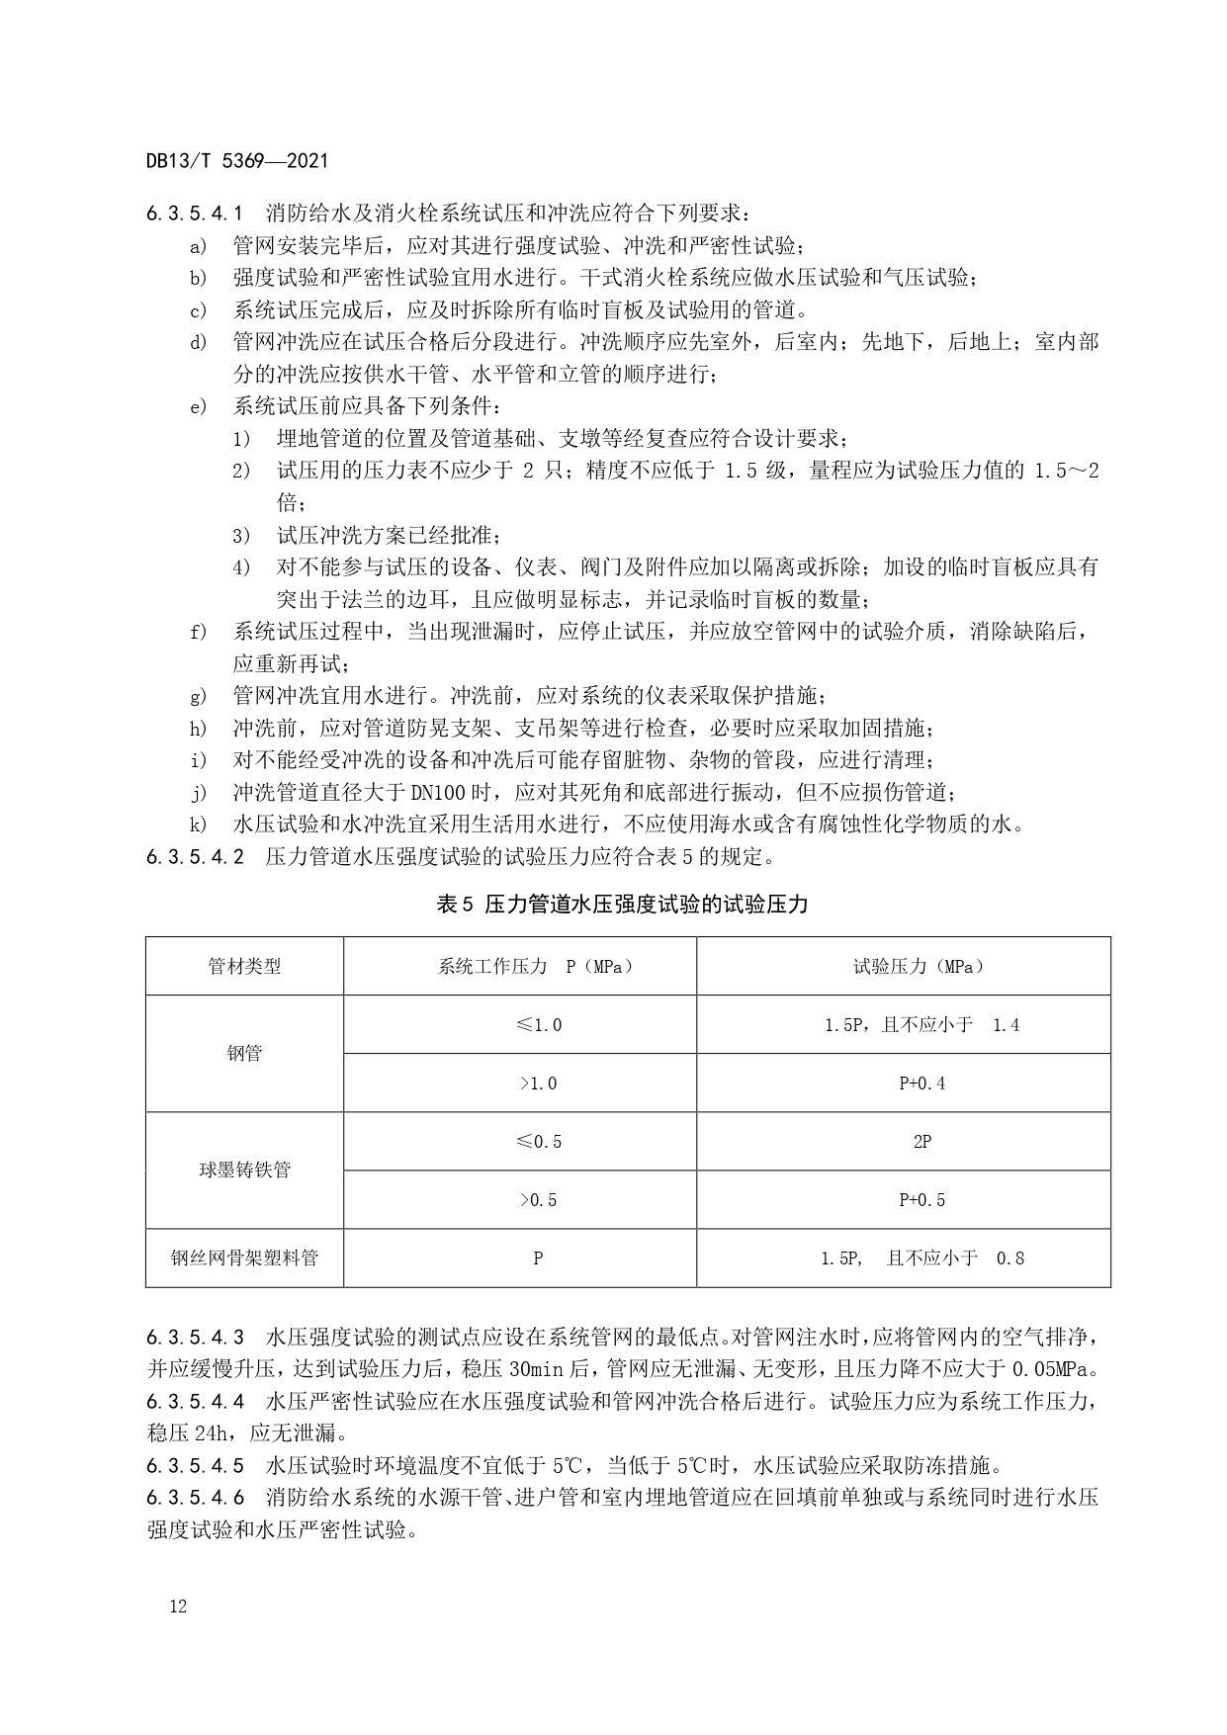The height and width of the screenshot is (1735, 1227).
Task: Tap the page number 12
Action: tap(178, 1606)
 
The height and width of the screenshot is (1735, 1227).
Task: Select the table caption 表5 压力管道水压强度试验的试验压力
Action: tap(622, 904)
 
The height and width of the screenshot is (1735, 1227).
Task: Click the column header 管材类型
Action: tap(244, 966)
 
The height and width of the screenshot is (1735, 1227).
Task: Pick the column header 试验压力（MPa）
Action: tap(919, 966)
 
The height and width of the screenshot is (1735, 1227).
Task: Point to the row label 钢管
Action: tap(244, 1053)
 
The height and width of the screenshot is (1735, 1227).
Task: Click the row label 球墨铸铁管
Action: tap(244, 1171)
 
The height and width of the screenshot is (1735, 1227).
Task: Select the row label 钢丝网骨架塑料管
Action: tap(244, 1258)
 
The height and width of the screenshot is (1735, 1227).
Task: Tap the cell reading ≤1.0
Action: tap(539, 1025)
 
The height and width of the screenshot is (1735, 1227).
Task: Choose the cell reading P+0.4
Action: tap(921, 1084)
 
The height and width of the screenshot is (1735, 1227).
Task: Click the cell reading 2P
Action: tap(921, 1142)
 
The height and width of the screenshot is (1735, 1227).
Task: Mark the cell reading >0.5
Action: tap(539, 1200)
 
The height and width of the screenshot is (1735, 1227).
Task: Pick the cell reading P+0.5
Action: tap(921, 1200)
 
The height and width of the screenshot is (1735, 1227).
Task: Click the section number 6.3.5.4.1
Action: tap(195, 213)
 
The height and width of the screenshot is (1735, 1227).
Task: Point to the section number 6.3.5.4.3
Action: tap(195, 1339)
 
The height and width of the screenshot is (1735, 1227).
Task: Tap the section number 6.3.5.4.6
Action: tap(195, 1498)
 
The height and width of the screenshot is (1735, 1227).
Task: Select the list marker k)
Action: tap(199, 824)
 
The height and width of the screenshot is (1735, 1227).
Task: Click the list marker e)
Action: tap(199, 406)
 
